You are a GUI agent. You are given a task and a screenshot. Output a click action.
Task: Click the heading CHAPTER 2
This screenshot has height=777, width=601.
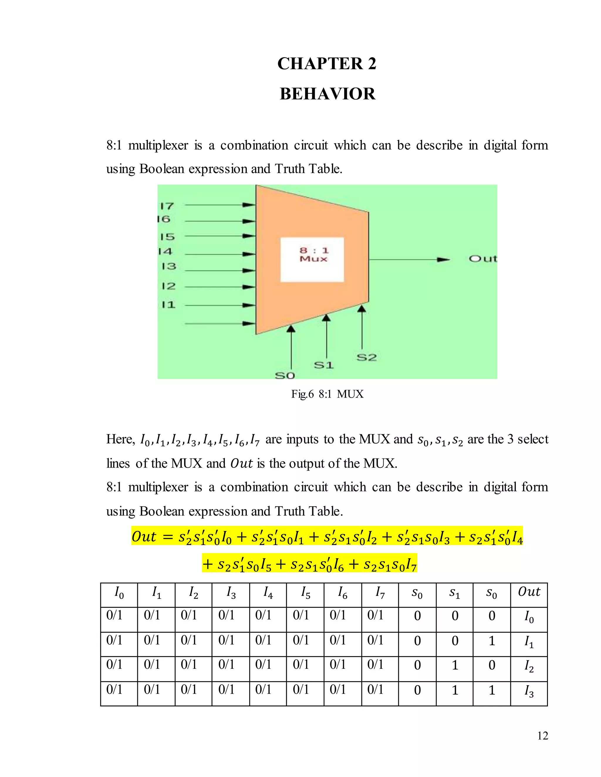point(327,64)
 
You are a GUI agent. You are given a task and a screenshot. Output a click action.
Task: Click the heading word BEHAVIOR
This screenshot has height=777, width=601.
point(327,94)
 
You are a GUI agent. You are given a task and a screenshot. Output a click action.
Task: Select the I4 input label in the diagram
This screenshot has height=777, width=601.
point(165,252)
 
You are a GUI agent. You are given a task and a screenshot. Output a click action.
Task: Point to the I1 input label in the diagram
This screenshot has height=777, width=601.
point(168,305)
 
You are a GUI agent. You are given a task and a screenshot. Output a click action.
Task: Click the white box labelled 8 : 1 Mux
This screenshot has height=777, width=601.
point(312,259)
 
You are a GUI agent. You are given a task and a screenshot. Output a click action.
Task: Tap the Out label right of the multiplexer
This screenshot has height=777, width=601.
point(482,259)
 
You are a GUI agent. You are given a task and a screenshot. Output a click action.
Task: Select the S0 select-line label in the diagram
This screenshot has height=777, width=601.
point(285,375)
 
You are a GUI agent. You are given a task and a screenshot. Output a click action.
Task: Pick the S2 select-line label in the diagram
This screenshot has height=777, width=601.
point(366,357)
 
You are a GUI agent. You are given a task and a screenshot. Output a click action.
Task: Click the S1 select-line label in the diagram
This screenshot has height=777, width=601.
point(323,365)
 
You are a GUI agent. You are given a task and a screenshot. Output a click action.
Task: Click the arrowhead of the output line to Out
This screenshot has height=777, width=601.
point(444,260)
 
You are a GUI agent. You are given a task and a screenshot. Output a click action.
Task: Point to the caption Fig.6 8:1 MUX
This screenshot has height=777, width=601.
point(327,394)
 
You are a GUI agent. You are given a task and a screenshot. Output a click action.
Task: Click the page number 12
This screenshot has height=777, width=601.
point(543,735)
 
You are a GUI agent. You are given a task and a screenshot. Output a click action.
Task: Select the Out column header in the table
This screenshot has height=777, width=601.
point(529,592)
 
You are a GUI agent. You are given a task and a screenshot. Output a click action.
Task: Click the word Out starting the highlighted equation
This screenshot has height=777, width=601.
point(144,537)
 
